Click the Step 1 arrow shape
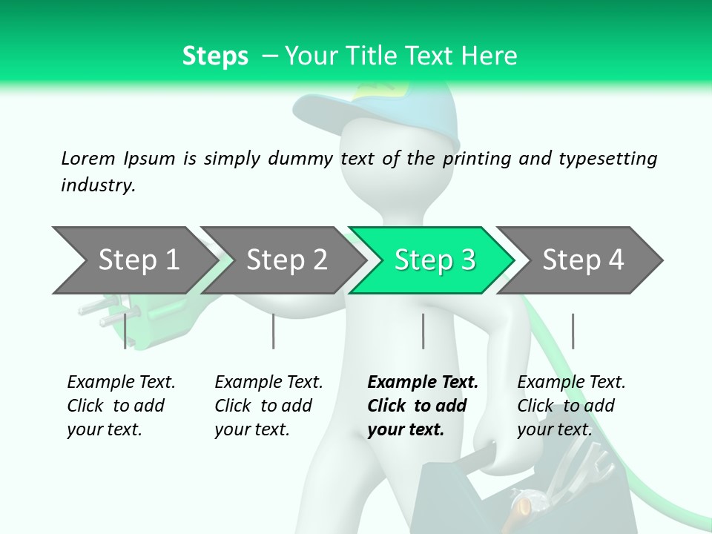(x=133, y=260)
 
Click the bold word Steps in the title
(x=215, y=56)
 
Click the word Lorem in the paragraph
(x=88, y=158)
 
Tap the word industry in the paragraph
(x=97, y=185)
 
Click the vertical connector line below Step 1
(x=125, y=331)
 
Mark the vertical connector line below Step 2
(x=274, y=331)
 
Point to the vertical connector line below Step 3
(x=423, y=331)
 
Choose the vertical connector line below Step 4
(x=573, y=331)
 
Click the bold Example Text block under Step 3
(x=423, y=406)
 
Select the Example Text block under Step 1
(x=121, y=406)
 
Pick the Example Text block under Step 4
(x=571, y=406)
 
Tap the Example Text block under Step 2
(x=268, y=406)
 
